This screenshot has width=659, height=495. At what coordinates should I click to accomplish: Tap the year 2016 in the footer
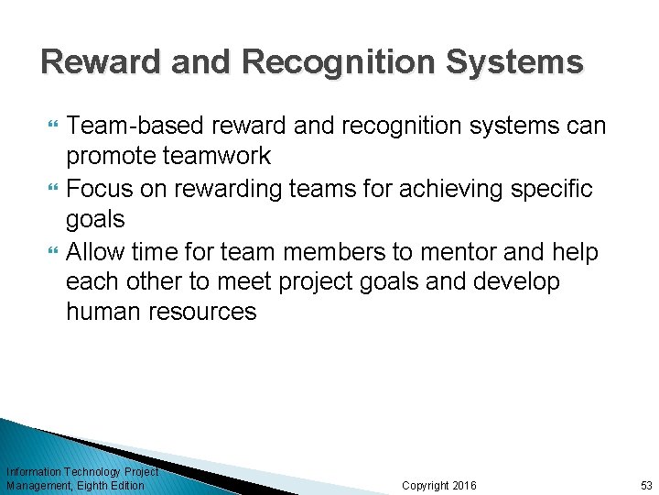click(x=464, y=485)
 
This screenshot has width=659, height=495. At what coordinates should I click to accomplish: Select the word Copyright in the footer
click(x=426, y=485)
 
